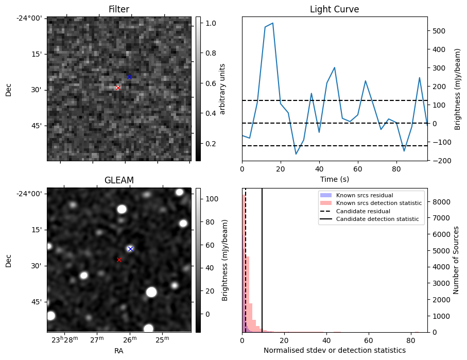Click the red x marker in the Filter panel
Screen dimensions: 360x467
tap(118, 88)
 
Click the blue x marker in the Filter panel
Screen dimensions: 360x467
tap(129, 77)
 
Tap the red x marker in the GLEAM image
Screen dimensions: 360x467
tap(119, 260)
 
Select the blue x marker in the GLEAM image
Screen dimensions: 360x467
tap(130, 249)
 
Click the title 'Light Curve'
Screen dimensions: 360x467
tap(334, 10)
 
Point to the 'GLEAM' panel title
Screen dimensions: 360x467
tap(119, 180)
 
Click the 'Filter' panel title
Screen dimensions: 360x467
tap(119, 10)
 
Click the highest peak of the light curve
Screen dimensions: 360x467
tap(272, 23)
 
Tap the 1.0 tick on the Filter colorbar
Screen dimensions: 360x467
tap(212, 23)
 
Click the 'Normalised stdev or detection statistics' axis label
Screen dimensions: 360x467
tap(334, 350)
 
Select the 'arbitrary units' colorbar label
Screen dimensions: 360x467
tap(222, 89)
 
